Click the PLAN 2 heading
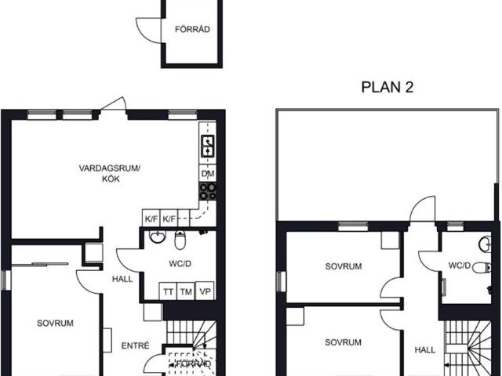[387, 87]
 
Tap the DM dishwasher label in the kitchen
[208, 174]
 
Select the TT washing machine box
[168, 291]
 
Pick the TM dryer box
[186, 291]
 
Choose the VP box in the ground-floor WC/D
[205, 291]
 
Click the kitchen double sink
[208, 146]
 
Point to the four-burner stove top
[208, 191]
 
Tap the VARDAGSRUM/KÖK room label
[110, 173]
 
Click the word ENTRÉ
[135, 345]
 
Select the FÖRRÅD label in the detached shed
[192, 29]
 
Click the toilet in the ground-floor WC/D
[180, 240]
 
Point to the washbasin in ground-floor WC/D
[158, 237]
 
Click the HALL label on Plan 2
[425, 350]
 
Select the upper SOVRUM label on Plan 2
[344, 266]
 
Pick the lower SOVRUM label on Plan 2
[343, 342]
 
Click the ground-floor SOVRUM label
[55, 324]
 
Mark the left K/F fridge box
[151, 219]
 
